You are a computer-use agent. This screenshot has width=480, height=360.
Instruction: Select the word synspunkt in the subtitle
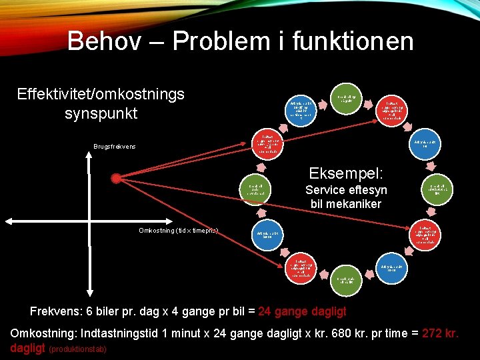101,113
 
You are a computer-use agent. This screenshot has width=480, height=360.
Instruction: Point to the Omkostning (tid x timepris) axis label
178,231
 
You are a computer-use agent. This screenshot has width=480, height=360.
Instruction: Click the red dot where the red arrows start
116,178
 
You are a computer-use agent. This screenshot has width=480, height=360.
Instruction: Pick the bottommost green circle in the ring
349,280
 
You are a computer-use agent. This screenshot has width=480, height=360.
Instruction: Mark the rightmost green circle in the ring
438,190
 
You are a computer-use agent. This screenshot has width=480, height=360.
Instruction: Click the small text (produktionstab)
78,349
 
